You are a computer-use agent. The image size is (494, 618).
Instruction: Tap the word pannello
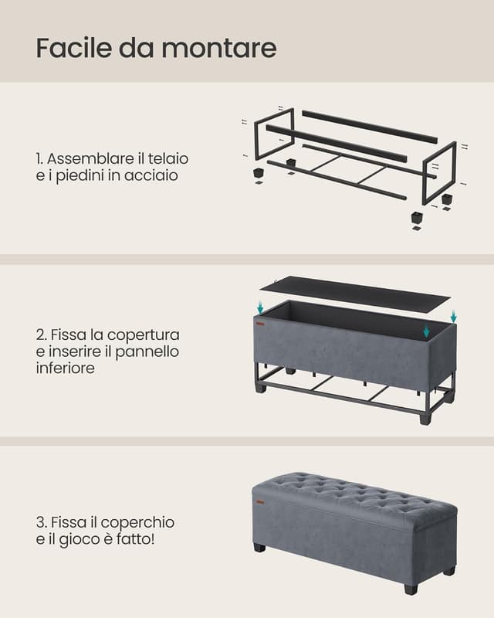153,352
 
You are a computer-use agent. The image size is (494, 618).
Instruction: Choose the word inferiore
67,369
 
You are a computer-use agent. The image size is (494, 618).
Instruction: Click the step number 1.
39,158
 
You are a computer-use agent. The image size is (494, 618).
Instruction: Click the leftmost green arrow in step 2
260,308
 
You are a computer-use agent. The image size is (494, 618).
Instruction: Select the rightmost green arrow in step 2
453,317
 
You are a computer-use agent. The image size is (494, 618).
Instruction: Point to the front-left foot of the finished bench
258,548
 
